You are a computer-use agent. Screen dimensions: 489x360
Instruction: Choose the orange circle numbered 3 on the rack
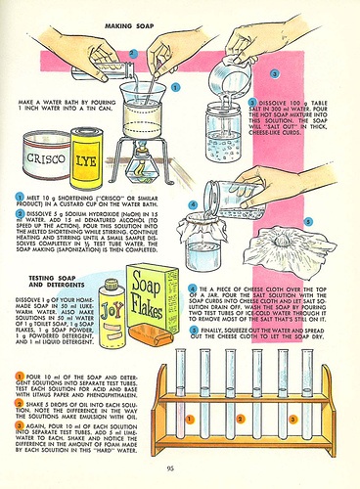pyautogui.click(x=293, y=419)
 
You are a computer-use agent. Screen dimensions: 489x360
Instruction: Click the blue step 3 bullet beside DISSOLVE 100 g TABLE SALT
pyautogui.click(x=251, y=101)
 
